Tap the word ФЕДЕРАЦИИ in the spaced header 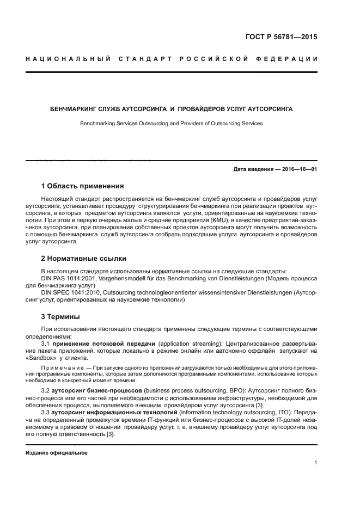[x=290, y=58]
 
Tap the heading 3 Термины [x=60, y=316]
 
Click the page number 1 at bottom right [x=315, y=463]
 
